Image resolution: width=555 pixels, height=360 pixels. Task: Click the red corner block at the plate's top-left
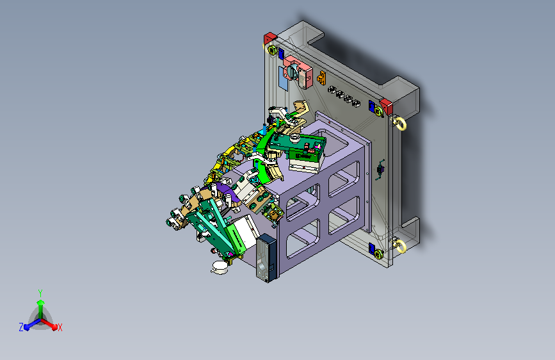269,38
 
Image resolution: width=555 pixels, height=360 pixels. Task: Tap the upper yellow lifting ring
400,124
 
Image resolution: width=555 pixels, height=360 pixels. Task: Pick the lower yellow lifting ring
400,246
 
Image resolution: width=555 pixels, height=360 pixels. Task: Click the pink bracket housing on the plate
298,72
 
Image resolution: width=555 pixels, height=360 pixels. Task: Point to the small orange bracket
321,78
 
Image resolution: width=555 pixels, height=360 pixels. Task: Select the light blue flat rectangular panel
284,79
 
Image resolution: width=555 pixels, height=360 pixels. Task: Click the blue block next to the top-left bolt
281,54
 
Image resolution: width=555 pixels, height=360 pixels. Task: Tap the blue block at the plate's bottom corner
372,248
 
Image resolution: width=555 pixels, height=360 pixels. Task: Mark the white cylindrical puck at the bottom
220,267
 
